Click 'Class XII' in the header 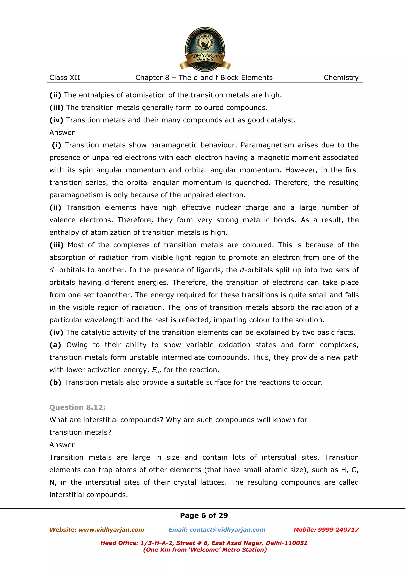tap(65, 78)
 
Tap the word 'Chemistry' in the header tap(341, 78)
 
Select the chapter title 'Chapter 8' tap(152, 78)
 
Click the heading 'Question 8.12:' tap(77, 407)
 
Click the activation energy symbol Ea tap(156, 370)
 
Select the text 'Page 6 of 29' tap(204, 515)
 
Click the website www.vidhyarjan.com tap(111, 530)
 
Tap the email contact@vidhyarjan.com tap(227, 530)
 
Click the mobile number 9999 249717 tap(338, 530)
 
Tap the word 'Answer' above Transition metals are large tap(62, 445)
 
